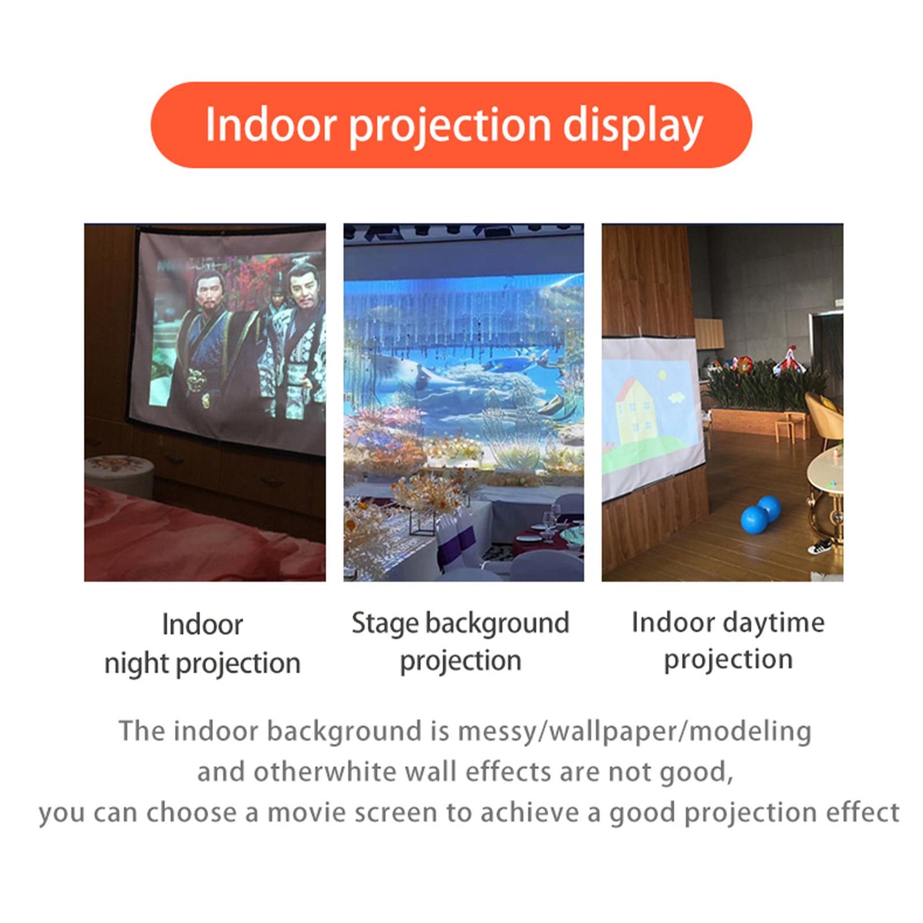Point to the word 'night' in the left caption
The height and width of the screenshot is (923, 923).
point(136,664)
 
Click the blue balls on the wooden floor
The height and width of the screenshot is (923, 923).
point(760,514)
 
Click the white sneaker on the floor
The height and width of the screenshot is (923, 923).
point(820,546)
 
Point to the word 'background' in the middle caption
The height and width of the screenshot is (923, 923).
point(496,623)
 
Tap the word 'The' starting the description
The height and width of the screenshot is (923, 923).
point(142,731)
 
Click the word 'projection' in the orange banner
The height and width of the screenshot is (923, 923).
point(450,125)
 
